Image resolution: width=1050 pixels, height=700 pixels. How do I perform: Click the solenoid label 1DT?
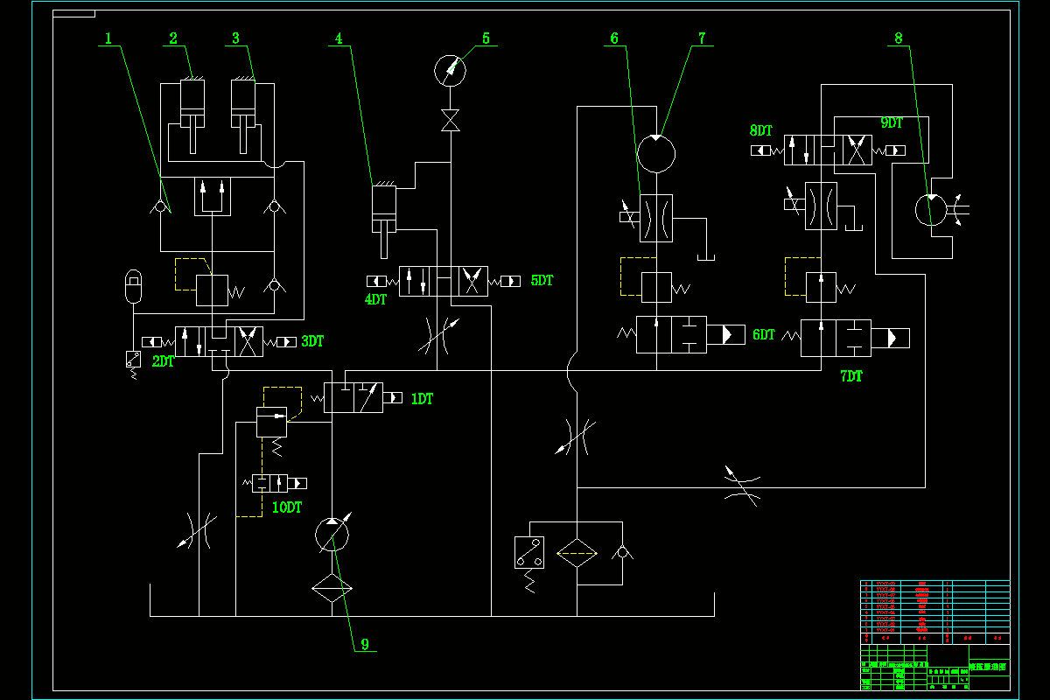point(423,399)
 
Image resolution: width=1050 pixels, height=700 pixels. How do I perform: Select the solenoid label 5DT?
point(542,281)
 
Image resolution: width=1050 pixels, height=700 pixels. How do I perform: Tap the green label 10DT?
point(286,507)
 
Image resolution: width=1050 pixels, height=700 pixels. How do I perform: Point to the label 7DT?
point(850,376)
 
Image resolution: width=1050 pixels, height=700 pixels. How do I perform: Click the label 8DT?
point(760,130)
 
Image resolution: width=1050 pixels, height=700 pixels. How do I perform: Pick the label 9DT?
point(892,123)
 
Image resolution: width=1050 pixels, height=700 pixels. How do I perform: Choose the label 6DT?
point(764,334)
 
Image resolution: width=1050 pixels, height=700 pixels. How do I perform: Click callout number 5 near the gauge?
point(486,38)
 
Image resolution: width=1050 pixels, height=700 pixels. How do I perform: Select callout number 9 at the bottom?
point(365,644)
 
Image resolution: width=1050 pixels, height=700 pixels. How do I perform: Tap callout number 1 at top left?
point(108,38)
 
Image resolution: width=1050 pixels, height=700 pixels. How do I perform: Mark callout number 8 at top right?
point(899,38)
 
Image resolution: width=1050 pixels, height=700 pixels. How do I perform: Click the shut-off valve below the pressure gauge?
point(451,121)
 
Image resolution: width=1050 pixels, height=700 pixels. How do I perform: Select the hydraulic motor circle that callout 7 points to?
point(656,154)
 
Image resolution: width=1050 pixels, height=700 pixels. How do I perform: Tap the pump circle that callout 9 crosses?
point(332,533)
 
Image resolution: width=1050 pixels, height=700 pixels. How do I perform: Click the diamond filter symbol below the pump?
point(332,588)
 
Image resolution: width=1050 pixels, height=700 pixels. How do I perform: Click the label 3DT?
point(312,341)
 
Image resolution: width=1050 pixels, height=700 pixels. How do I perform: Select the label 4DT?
point(375,299)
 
